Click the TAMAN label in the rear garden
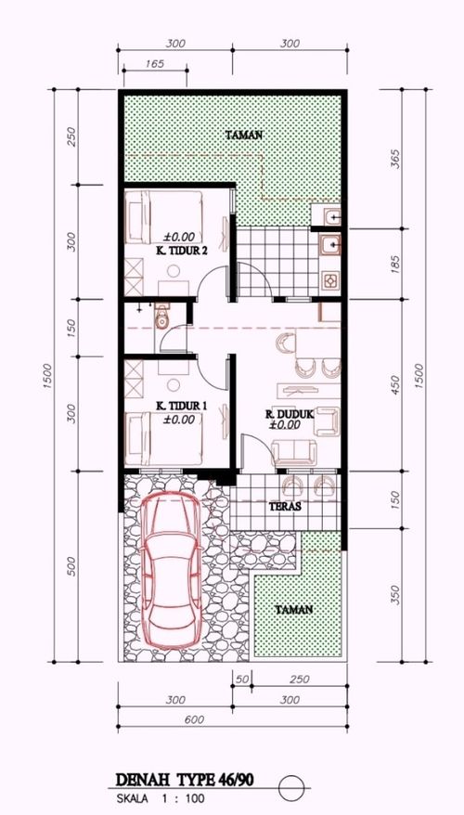(244, 135)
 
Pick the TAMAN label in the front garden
(293, 610)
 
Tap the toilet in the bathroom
(162, 317)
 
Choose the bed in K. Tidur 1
(177, 436)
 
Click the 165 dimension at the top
(155, 64)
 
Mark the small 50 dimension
(243, 679)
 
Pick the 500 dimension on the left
(71, 567)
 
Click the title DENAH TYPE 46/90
(185, 782)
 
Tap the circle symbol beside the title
(291, 785)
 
